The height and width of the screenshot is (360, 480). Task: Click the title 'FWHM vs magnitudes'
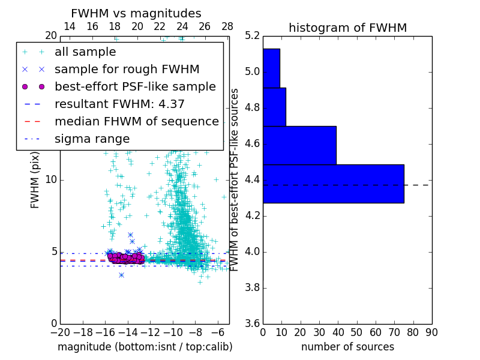click(136, 14)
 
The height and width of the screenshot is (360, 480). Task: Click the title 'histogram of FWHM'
click(347, 28)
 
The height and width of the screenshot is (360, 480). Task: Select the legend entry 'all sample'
click(85, 52)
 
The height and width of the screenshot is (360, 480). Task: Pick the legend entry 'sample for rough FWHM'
click(127, 69)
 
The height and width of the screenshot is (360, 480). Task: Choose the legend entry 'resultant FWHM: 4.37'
click(119, 104)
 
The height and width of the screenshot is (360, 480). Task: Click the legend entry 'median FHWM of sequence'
click(136, 121)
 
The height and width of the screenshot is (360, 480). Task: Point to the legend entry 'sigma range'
click(92, 139)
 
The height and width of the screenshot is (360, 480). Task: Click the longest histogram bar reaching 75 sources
click(333, 184)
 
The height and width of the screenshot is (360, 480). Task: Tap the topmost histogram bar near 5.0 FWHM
click(271, 68)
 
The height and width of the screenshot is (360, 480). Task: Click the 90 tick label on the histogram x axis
click(431, 332)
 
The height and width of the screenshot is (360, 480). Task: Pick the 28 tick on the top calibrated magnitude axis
click(227, 26)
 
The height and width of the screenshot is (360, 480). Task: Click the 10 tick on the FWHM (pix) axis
click(50, 180)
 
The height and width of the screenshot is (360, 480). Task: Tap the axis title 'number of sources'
click(347, 347)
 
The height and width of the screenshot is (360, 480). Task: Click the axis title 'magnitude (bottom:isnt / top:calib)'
click(145, 347)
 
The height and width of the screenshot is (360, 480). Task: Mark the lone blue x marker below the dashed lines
click(121, 275)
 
